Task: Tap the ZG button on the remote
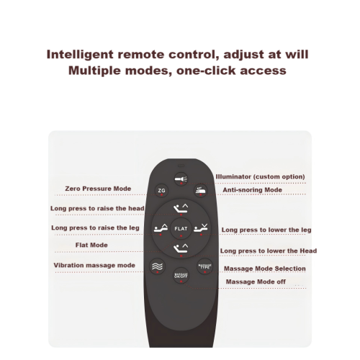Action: pos(161,191)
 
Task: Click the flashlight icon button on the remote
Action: pos(181,179)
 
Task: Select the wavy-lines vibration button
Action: pos(157,266)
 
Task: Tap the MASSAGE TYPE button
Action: pos(204,266)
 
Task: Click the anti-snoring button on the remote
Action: pos(201,191)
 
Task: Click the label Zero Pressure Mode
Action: pos(98,189)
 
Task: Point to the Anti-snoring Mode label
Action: pos(252,190)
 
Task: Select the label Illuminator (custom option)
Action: pos(260,177)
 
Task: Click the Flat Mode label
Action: pos(91,245)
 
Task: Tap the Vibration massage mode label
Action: pos(94,266)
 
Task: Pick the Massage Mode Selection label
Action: pos(265,269)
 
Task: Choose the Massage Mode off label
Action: pos(256,282)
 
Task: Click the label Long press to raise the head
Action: pos(97,208)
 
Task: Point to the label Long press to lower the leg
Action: pos(266,230)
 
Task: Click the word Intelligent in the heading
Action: pos(80,55)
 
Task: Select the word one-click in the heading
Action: pos(206,71)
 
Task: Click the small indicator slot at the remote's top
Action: pos(181,166)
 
